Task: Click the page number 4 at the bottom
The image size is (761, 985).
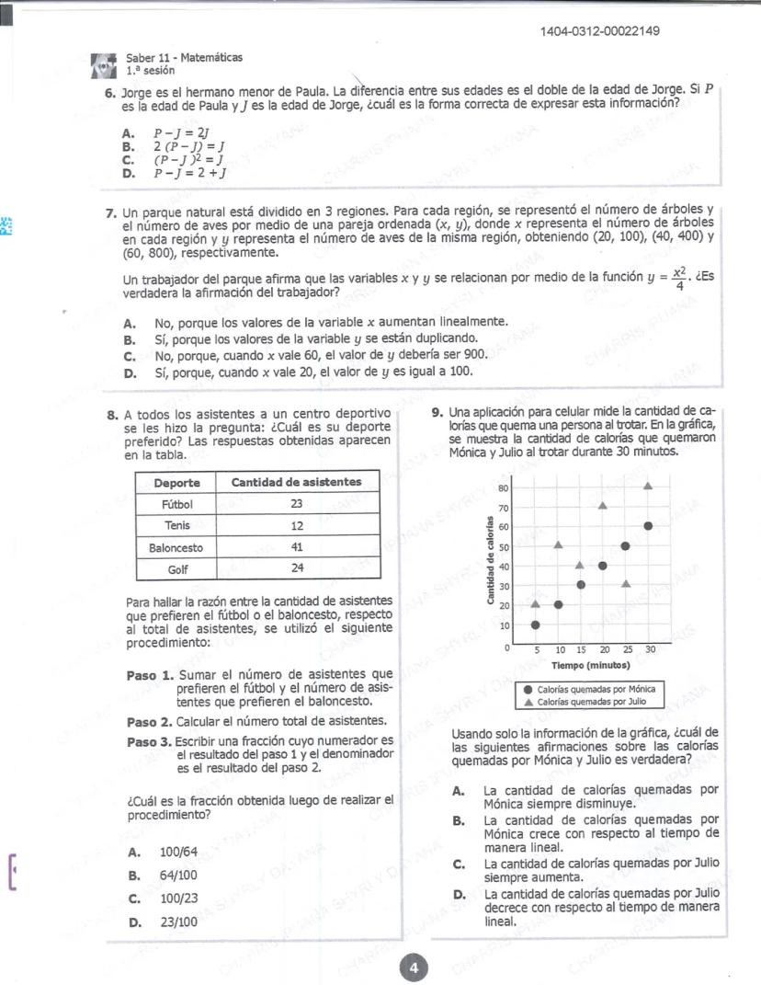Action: [x=414, y=967]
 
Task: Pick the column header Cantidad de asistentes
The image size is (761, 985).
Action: [x=296, y=482]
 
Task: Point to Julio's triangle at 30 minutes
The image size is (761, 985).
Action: [x=649, y=485]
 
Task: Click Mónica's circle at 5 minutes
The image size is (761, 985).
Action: [x=536, y=624]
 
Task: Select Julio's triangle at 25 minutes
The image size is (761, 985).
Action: [x=626, y=583]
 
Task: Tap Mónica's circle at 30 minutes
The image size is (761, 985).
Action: [x=649, y=525]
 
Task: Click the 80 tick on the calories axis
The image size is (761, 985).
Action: [x=503, y=487]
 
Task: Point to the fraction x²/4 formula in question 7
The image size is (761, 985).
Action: [x=679, y=277]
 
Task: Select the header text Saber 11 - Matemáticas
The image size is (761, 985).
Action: [x=184, y=57]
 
